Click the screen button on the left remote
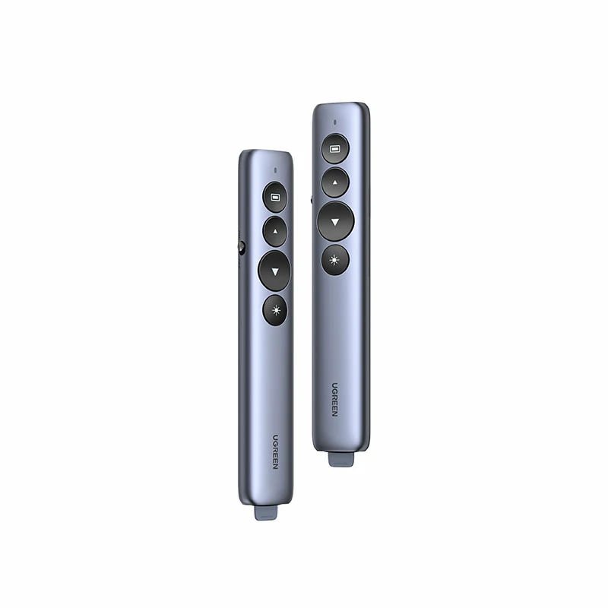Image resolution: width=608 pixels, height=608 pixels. coord(275,198)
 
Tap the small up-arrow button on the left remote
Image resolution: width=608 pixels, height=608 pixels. coord(275,232)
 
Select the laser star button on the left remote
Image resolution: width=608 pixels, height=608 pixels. coord(275,310)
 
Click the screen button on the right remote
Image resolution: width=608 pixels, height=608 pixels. coord(335,148)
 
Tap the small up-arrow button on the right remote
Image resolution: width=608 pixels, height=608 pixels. coord(335,182)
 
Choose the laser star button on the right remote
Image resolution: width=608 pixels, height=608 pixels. coord(335,260)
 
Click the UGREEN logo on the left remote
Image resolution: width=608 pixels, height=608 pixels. coord(275,452)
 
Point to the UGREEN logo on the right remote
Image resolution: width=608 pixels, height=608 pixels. coord(334,400)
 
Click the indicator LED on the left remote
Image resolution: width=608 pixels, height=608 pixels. coord(275,170)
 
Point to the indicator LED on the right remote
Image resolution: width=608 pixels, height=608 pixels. coord(335,122)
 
